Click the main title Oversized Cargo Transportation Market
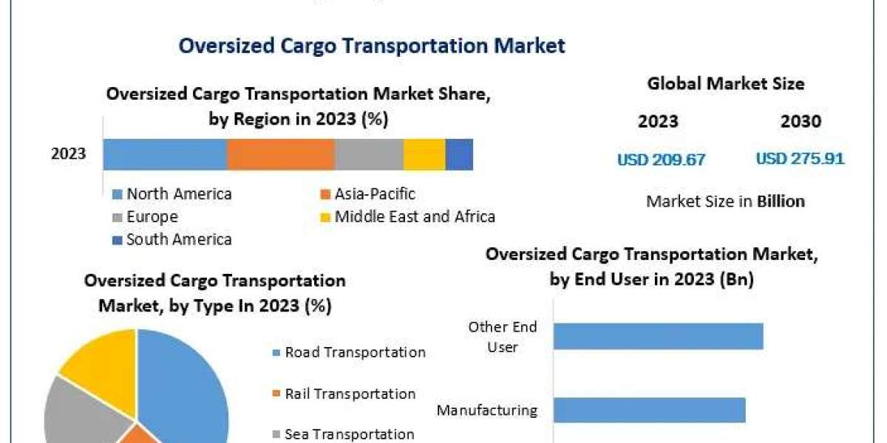(x=372, y=46)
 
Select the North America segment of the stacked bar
(x=165, y=154)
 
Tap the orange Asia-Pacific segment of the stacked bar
(x=281, y=154)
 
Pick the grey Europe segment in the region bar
(x=369, y=154)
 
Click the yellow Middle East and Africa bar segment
(x=424, y=154)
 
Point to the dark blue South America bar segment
(x=459, y=154)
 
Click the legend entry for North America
(x=172, y=194)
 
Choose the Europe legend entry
(x=146, y=217)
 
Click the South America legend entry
(x=172, y=239)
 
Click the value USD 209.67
(x=662, y=159)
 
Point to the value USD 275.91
(x=800, y=159)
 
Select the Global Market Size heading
(x=726, y=84)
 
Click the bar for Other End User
(x=658, y=336)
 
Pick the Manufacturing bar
(x=649, y=410)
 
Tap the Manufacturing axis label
(x=486, y=410)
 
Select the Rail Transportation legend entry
(x=344, y=394)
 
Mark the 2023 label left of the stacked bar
(x=68, y=154)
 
